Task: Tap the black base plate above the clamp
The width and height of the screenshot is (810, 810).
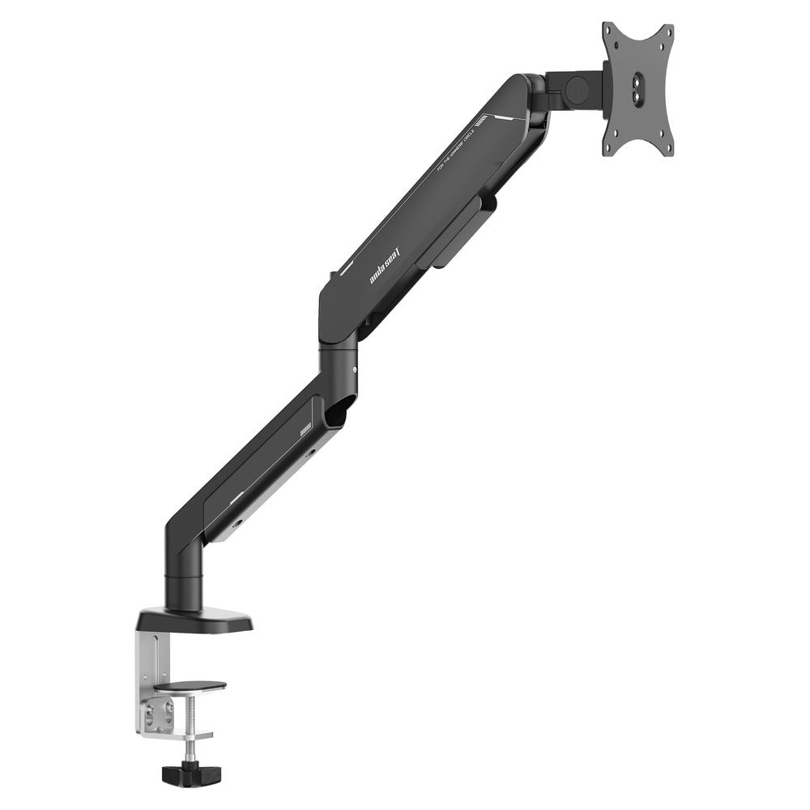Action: pos(194,620)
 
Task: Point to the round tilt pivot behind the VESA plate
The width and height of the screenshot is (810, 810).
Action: pos(577,88)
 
